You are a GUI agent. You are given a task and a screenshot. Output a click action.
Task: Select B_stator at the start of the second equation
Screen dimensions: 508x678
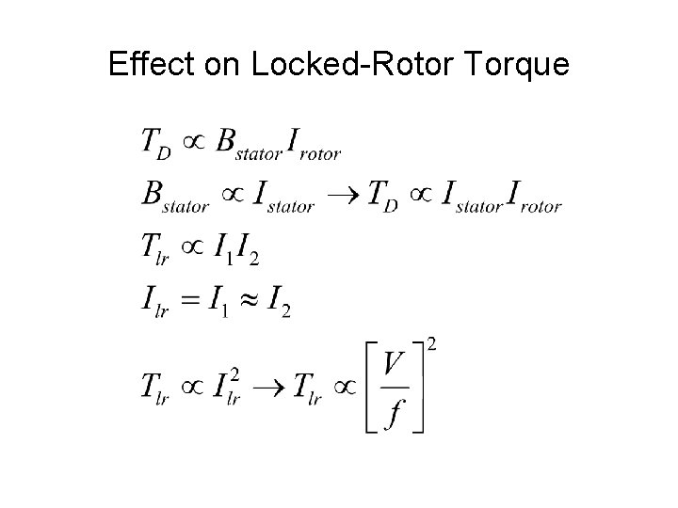click(175, 197)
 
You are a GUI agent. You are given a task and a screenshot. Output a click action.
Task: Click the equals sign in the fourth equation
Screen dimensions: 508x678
click(191, 302)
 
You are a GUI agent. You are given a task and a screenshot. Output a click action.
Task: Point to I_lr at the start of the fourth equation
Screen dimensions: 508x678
click(153, 304)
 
